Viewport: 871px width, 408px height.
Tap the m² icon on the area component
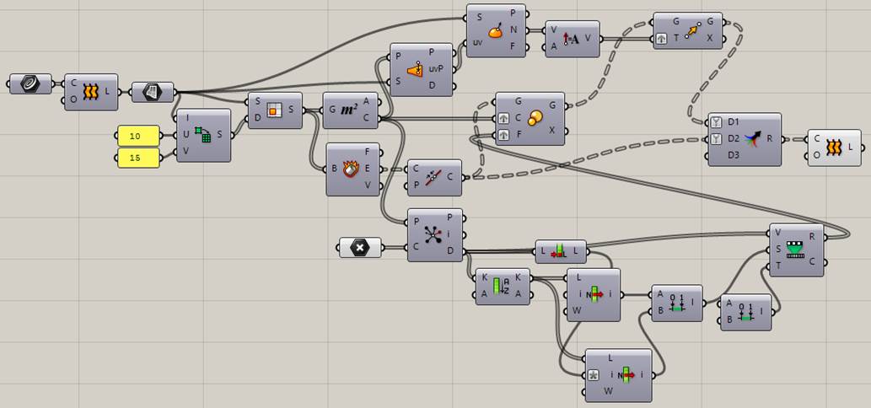(349, 110)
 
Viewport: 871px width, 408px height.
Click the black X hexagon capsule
(359, 247)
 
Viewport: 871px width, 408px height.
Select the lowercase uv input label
(478, 41)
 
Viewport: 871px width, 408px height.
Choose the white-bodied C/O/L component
(834, 148)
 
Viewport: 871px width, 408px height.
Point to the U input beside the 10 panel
(185, 135)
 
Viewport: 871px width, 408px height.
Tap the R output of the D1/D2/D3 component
(770, 138)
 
